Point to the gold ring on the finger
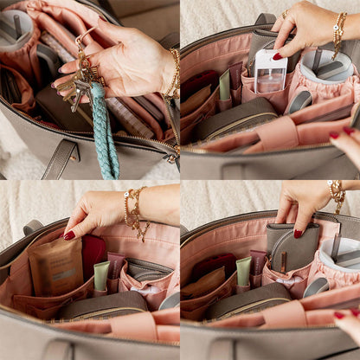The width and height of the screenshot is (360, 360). tap(286, 15)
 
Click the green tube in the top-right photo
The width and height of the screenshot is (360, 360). tap(225, 84)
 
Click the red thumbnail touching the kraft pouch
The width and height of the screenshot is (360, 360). tap(68, 235)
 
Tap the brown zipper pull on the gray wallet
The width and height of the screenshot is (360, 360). tap(281, 262)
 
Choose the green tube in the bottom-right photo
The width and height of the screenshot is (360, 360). tap(243, 271)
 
